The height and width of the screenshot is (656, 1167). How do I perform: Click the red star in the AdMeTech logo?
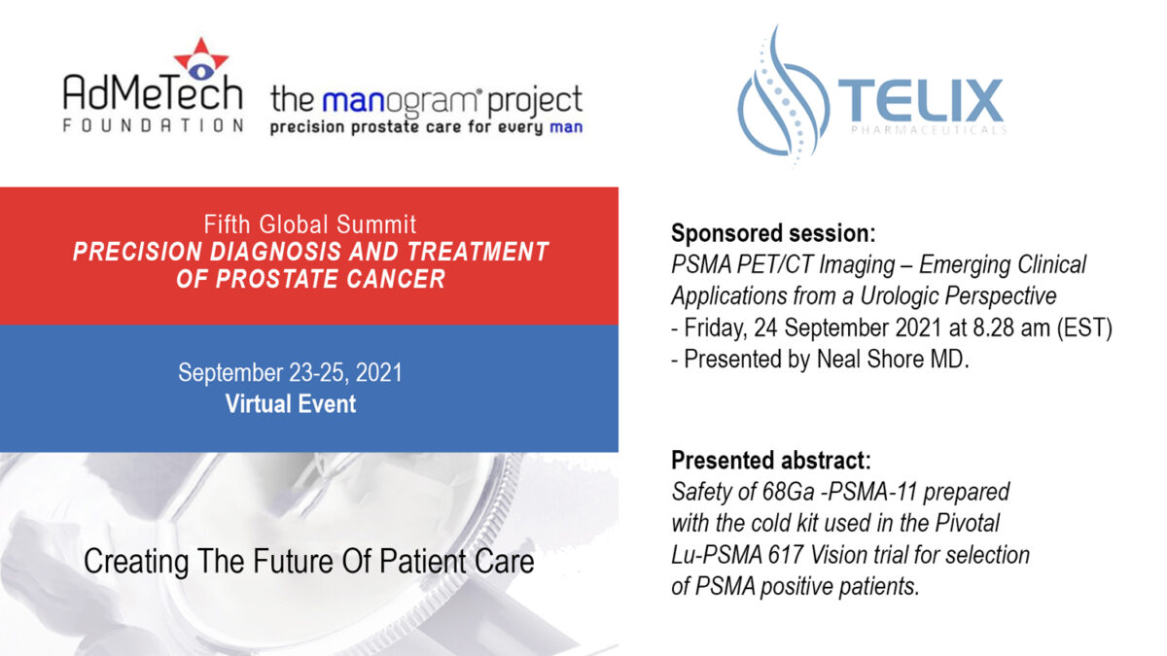click(201, 57)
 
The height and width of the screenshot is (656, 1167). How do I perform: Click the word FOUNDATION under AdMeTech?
click(154, 125)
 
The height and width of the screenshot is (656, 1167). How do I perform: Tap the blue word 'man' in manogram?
click(354, 101)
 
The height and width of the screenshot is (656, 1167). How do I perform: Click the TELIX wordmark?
click(921, 101)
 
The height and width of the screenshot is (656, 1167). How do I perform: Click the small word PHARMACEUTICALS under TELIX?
click(929, 129)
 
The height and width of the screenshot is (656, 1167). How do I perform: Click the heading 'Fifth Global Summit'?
click(309, 224)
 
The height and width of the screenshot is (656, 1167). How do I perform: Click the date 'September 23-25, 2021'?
click(290, 373)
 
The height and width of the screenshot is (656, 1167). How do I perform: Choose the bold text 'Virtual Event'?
click(291, 404)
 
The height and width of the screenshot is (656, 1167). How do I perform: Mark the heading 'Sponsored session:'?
click(773, 233)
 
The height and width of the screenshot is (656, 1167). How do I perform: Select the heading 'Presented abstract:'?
click(771, 461)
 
